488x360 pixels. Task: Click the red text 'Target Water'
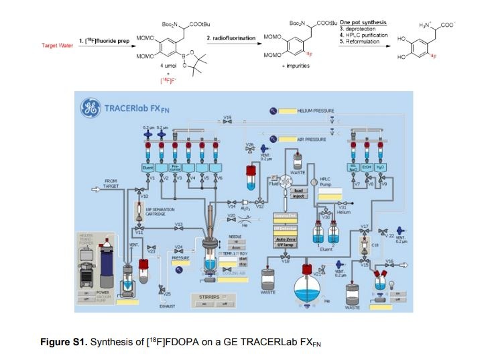[x=56, y=45]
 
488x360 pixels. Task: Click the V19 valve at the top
[x=228, y=122]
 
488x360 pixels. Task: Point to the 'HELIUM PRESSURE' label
[x=315, y=110]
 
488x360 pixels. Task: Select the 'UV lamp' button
[x=286, y=245]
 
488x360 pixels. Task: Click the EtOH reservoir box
[x=367, y=166]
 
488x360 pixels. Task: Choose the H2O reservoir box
[x=380, y=166]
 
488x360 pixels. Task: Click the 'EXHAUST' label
[x=167, y=307]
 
